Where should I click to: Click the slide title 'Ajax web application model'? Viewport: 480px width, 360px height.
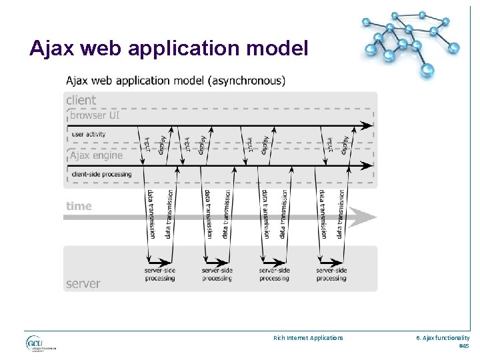169,48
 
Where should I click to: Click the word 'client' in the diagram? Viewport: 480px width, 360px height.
81,100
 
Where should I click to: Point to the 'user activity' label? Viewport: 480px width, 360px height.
88,134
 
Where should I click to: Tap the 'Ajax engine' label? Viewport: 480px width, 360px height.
97,155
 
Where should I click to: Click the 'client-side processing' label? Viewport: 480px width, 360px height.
101,175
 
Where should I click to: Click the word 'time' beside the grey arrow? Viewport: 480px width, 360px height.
79,206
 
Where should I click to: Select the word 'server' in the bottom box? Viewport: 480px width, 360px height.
83,283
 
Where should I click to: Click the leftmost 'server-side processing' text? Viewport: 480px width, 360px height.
159,274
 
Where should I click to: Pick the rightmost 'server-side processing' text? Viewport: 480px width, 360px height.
331,274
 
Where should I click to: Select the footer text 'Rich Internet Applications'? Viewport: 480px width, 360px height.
308,338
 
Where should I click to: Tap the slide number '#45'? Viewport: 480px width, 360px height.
463,346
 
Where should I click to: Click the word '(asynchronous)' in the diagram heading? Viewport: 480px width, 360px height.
247,81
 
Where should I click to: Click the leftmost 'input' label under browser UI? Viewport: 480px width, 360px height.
147,143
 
